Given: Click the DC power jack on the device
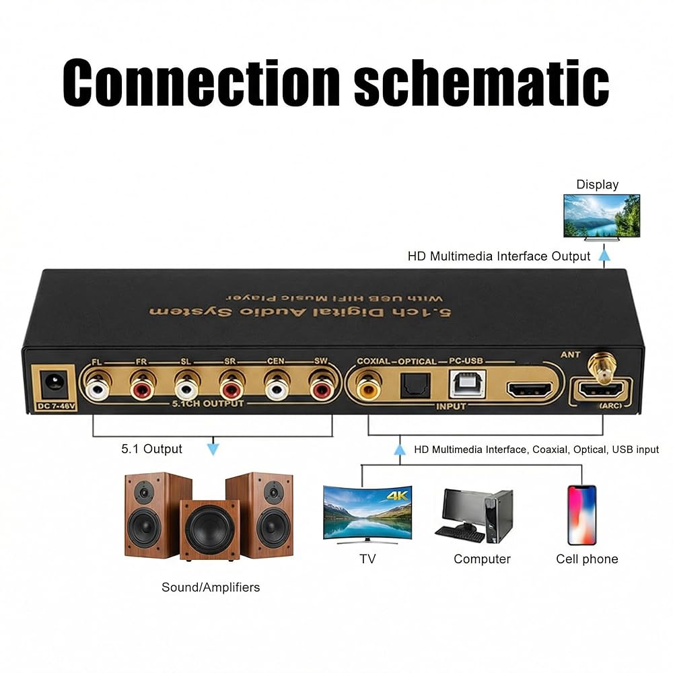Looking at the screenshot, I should point(50,385).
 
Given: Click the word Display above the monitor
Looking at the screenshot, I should point(597,184).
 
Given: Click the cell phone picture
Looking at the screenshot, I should point(581,515).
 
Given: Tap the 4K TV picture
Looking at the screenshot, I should point(367,513).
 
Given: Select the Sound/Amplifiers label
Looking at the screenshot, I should point(211,588).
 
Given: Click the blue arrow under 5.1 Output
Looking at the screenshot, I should point(213,449).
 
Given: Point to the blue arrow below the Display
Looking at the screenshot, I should point(604,255).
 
